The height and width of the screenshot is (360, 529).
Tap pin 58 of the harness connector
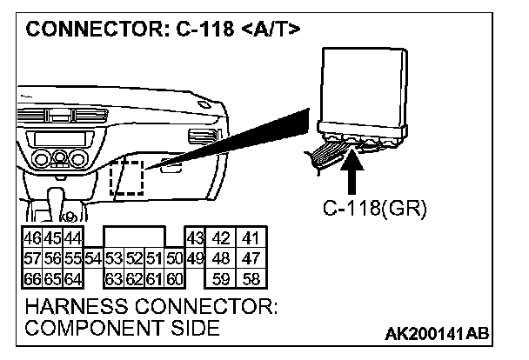(251, 280)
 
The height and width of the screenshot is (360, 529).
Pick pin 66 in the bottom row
(30, 280)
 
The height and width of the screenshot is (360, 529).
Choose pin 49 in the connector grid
(195, 259)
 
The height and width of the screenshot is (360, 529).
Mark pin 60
(174, 280)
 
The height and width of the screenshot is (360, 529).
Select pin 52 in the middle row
(133, 259)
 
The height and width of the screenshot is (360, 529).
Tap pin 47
(251, 259)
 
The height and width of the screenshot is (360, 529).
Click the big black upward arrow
(354, 175)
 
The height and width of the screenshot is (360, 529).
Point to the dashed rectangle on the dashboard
(126, 178)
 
